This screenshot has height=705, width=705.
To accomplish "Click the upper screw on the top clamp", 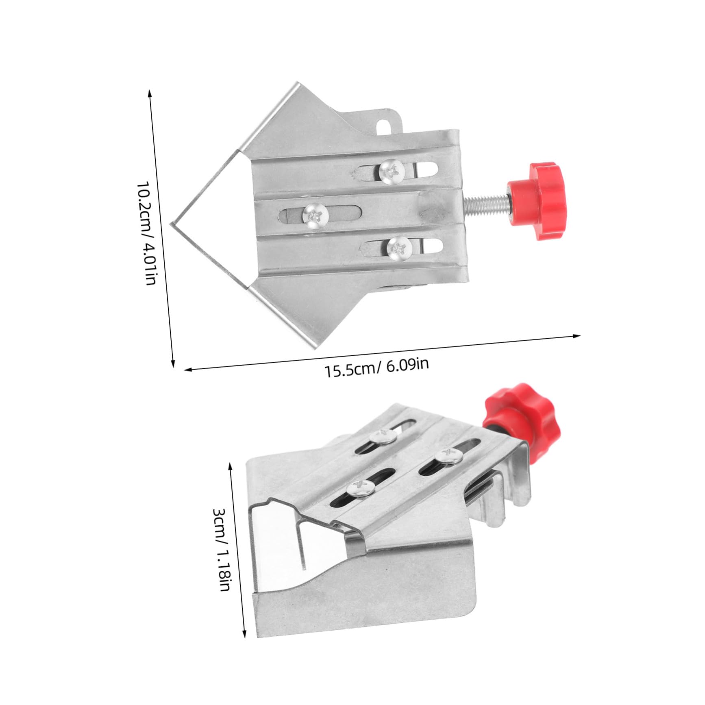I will pyautogui.click(x=392, y=170).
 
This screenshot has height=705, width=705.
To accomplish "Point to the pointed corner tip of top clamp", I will pyautogui.click(x=172, y=224).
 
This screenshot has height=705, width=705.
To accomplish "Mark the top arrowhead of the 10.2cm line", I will pyautogui.click(x=150, y=93).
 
